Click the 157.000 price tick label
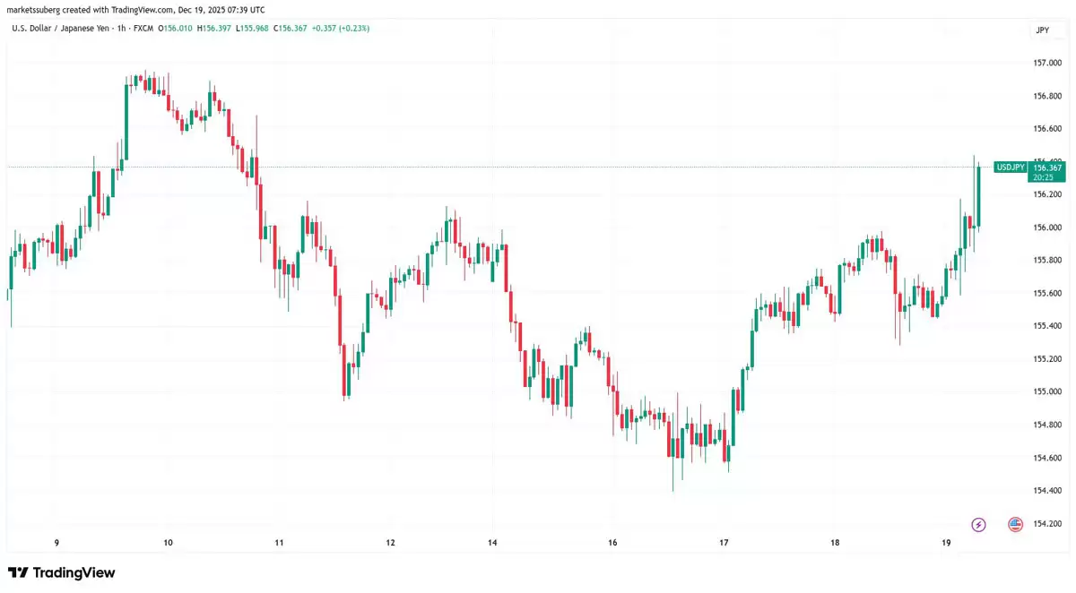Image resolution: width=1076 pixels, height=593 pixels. [x=1047, y=63]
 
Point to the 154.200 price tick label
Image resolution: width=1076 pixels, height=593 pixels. [x=1047, y=523]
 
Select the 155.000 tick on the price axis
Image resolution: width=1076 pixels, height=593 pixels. [x=1047, y=391]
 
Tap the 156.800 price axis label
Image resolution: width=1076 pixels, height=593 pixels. [x=1047, y=96]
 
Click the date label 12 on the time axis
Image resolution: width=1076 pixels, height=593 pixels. [x=390, y=543]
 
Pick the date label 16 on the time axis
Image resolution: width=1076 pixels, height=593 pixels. [x=612, y=543]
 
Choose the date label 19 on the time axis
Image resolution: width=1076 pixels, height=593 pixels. [x=946, y=543]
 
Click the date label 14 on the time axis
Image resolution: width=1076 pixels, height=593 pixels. [x=492, y=543]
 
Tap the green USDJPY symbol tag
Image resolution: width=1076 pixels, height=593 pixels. [x=1011, y=168]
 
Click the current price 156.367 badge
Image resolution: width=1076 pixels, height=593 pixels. [x=1047, y=168]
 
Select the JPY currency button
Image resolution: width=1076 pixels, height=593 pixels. [x=1042, y=30]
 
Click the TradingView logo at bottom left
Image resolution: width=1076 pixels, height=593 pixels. [x=62, y=572]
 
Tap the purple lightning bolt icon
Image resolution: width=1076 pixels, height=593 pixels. [x=978, y=524]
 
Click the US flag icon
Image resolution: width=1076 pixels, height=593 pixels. [x=1015, y=524]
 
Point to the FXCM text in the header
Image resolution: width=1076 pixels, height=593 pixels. [x=143, y=29]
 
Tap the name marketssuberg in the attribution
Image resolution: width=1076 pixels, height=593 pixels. [x=34, y=10]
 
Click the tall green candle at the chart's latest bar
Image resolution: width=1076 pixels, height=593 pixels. [x=979, y=195]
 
